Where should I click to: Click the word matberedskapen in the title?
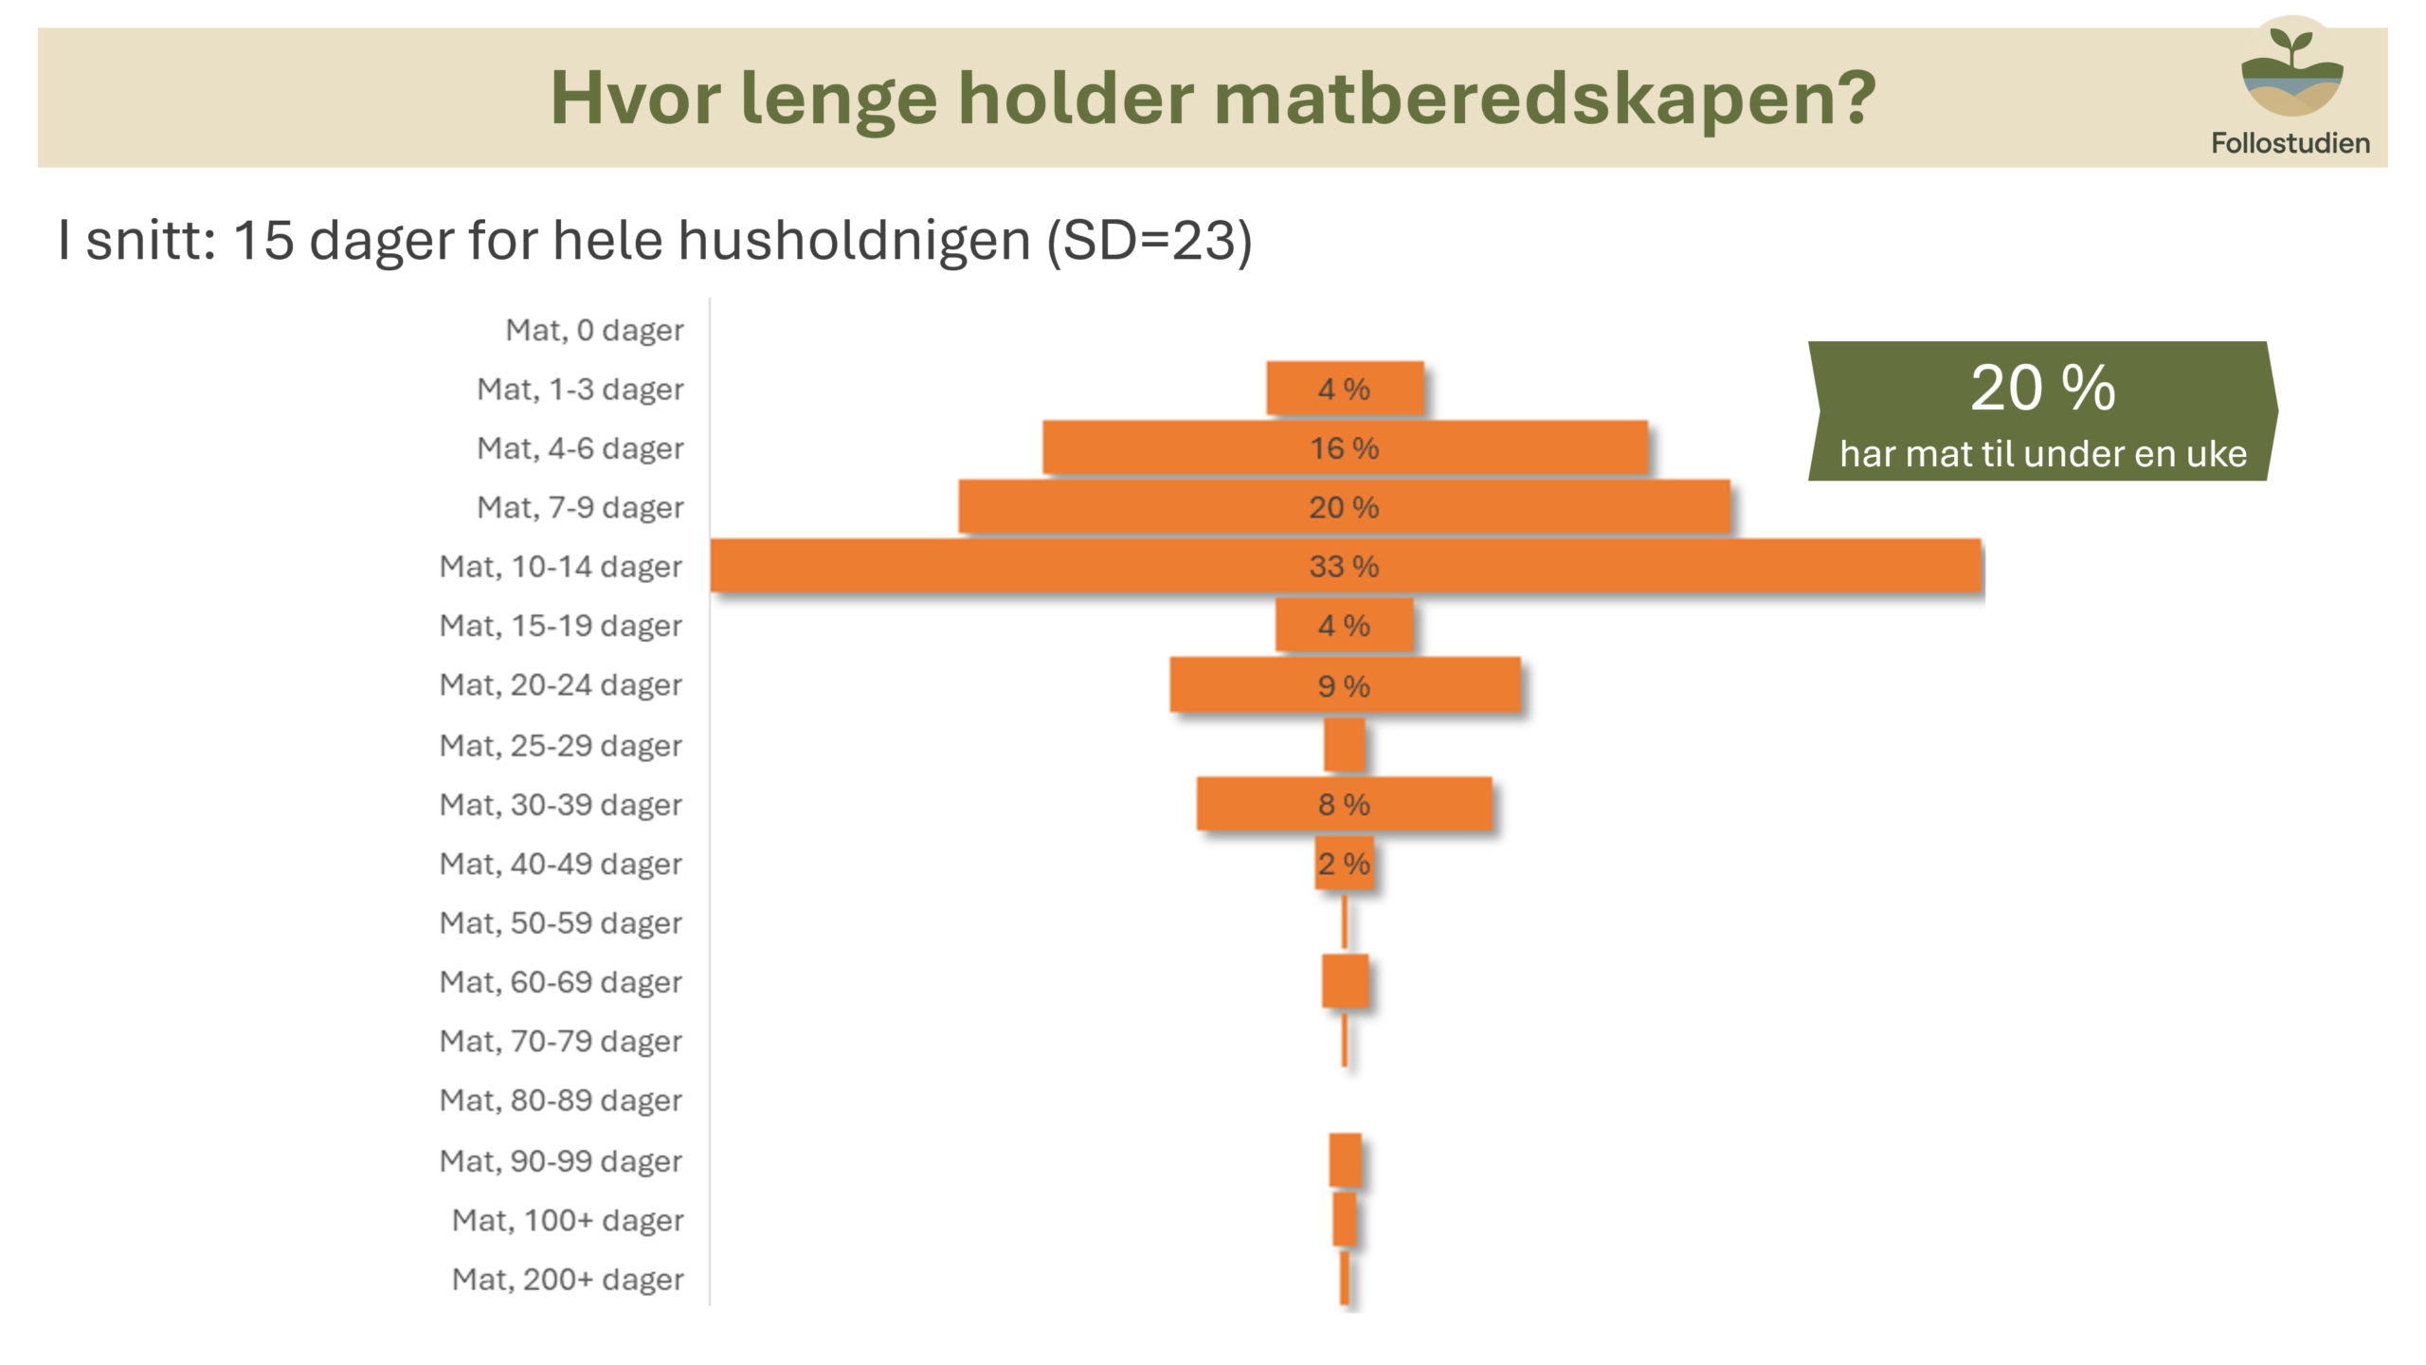pos(1545,100)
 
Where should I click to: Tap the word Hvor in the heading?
pos(635,98)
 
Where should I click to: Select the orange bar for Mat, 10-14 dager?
pos(1346,566)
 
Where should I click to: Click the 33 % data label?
pos(1344,566)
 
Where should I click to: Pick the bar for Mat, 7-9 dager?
pos(1345,506)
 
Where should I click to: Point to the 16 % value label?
pos(1344,447)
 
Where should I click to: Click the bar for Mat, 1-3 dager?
pos(1345,388)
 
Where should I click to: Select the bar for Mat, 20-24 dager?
pos(1345,684)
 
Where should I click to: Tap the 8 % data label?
pos(1344,804)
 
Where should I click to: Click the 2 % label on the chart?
pos(1344,864)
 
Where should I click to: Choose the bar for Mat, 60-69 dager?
pos(1345,981)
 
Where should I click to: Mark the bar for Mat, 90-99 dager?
pos(1345,1160)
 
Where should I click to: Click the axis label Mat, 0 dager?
pos(594,330)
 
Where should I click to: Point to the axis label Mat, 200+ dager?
pos(568,1280)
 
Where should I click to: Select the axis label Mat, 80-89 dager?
pos(561,1101)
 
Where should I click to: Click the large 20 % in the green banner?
pos(2043,388)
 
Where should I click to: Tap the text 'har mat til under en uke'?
pos(2043,454)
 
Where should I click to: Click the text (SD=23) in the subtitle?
pos(1150,240)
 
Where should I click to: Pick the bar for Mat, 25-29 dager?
pos(1345,744)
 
